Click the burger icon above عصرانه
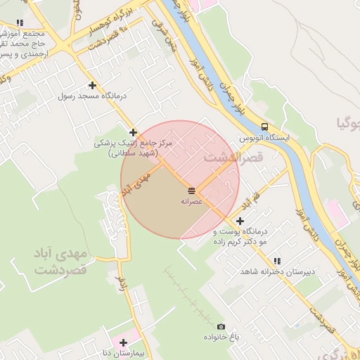coord(191,191)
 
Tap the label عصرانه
coord(191,202)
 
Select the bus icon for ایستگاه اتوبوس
coord(264,127)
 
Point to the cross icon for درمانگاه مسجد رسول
coord(91,85)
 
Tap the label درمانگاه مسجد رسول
coord(91,96)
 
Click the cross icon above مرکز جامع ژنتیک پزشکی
coord(133,131)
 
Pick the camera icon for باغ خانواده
coord(221,326)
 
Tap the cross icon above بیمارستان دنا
coord(124,342)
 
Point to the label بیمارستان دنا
coord(124,353)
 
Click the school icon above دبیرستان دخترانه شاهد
coord(276,261)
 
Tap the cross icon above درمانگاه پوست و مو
coord(241,221)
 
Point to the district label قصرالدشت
coord(233,158)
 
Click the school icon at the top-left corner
coord(20,24)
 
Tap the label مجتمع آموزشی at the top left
coord(25,34)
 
